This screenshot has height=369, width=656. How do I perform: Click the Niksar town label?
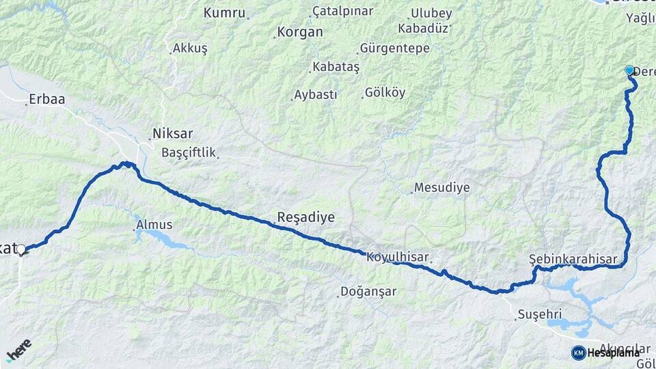(174, 133)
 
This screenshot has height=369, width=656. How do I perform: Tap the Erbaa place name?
(47, 100)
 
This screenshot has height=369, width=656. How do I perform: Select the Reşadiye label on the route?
(305, 217)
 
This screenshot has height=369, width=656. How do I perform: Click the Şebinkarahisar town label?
(573, 259)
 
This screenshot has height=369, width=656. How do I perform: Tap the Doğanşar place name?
(370, 292)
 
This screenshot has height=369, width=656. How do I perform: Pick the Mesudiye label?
(442, 187)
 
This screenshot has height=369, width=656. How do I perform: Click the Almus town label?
(154, 224)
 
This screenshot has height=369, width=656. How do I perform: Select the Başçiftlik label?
(189, 152)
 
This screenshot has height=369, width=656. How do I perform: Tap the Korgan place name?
(299, 32)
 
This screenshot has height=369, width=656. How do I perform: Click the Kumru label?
(224, 12)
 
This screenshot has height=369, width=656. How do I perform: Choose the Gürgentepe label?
(394, 49)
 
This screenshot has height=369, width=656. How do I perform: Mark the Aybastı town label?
(315, 95)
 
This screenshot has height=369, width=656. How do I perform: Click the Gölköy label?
(385, 92)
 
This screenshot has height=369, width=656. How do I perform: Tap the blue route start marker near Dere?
(629, 70)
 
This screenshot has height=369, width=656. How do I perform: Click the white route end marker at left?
(21, 249)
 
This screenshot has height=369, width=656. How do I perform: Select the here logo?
(18, 350)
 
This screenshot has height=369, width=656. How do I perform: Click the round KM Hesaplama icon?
(578, 353)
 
